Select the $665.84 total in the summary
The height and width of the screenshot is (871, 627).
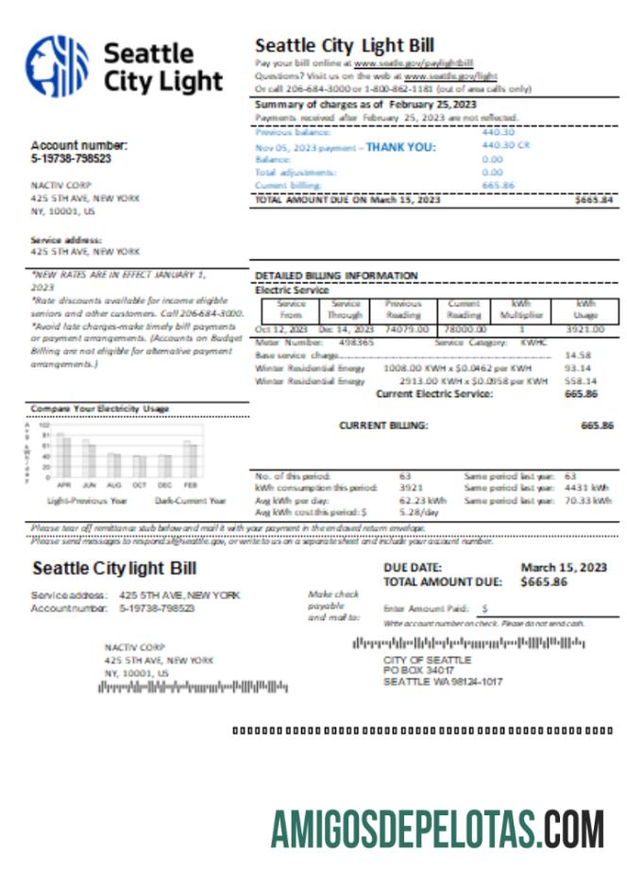coord(593,200)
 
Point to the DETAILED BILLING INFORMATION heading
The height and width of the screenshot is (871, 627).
coord(336,276)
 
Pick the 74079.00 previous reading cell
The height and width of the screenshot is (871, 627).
coord(405,329)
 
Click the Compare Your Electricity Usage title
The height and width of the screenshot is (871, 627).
coord(100,408)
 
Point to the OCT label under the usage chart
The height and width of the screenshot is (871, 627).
coord(141,484)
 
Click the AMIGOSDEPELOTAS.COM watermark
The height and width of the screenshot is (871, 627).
coord(437,830)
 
